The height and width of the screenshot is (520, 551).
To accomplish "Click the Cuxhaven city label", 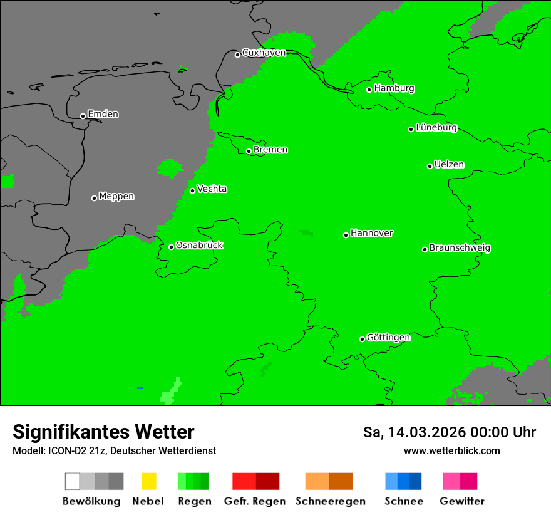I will pyautogui.click(x=264, y=53).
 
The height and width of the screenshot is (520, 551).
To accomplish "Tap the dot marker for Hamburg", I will pyautogui.click(x=369, y=90).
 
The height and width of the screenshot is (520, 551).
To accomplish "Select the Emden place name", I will pyautogui.click(x=103, y=114).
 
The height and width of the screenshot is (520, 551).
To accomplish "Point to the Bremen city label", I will pyautogui.click(x=270, y=150).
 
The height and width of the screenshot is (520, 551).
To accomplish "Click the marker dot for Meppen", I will pyautogui.click(x=94, y=198).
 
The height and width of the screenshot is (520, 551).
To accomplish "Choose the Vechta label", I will pyautogui.click(x=212, y=189).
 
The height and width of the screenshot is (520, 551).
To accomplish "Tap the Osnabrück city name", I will pyautogui.click(x=199, y=245).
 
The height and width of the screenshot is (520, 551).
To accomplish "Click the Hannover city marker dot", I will pyautogui.click(x=346, y=235).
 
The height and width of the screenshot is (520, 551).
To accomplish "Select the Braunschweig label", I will pyautogui.click(x=460, y=247).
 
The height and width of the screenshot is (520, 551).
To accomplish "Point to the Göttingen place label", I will pyautogui.click(x=388, y=337).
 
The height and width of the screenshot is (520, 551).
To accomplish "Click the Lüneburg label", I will pyautogui.click(x=436, y=127).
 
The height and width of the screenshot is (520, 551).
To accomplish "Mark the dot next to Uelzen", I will pyautogui.click(x=430, y=166).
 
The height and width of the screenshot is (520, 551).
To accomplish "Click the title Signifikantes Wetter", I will pyautogui.click(x=103, y=432).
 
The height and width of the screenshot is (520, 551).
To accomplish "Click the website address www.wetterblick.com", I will pyautogui.click(x=451, y=450).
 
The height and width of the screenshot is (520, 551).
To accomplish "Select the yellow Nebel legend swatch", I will pyautogui.click(x=148, y=481).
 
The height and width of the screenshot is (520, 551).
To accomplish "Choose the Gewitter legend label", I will pyautogui.click(x=461, y=501).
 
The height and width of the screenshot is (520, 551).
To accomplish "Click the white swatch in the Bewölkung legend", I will pyautogui.click(x=73, y=481).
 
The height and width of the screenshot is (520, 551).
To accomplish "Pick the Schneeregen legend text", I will pyautogui.click(x=331, y=501).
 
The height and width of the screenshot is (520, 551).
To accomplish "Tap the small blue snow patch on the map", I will pyautogui.click(x=140, y=388).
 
